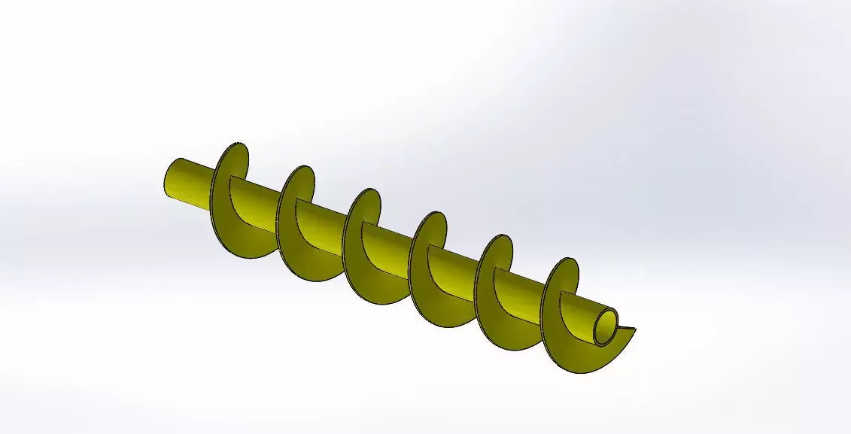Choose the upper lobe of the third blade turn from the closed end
click(367, 205)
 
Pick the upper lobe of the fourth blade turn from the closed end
click(433, 229)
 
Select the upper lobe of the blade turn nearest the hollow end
click(565, 275)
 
